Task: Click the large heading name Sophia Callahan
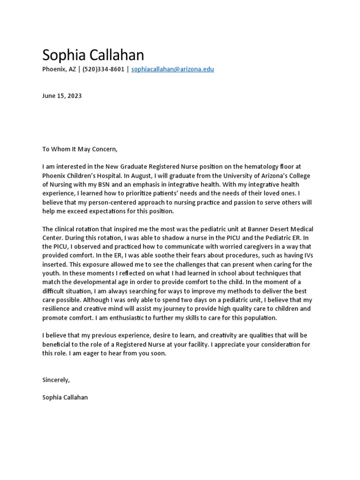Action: [x=93, y=55]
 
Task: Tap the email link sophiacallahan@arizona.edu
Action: [x=172, y=69]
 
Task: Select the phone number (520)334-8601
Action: [x=104, y=69]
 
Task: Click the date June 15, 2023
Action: [x=62, y=96]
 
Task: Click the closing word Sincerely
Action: [x=56, y=380]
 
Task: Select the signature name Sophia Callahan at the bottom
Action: [x=65, y=397]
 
